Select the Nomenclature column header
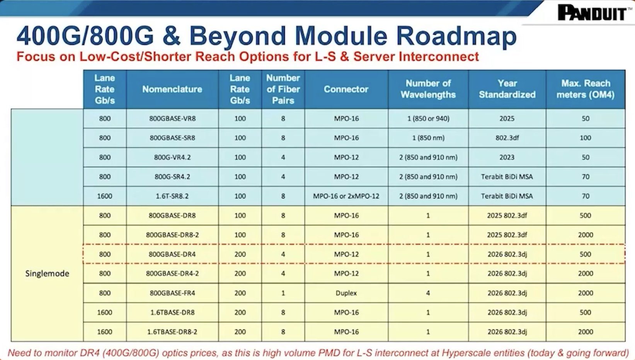coord(172,89)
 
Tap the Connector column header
coord(346,89)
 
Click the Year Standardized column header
coord(507,89)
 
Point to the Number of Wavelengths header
coord(428,89)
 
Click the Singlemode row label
coord(47,273)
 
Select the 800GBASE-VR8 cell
coord(172,119)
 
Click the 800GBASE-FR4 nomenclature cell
coord(172,293)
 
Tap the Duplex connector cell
coord(346,293)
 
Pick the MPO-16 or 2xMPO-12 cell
coord(346,196)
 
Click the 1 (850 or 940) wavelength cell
coord(428,119)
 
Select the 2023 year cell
coord(507,157)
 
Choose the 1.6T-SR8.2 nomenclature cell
coord(172,196)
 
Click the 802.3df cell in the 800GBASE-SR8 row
coord(507,138)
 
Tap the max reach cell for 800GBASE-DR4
coord(586,254)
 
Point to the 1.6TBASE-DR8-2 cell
coord(172,332)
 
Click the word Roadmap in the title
coord(456,36)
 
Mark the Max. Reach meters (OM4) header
coord(586,89)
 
